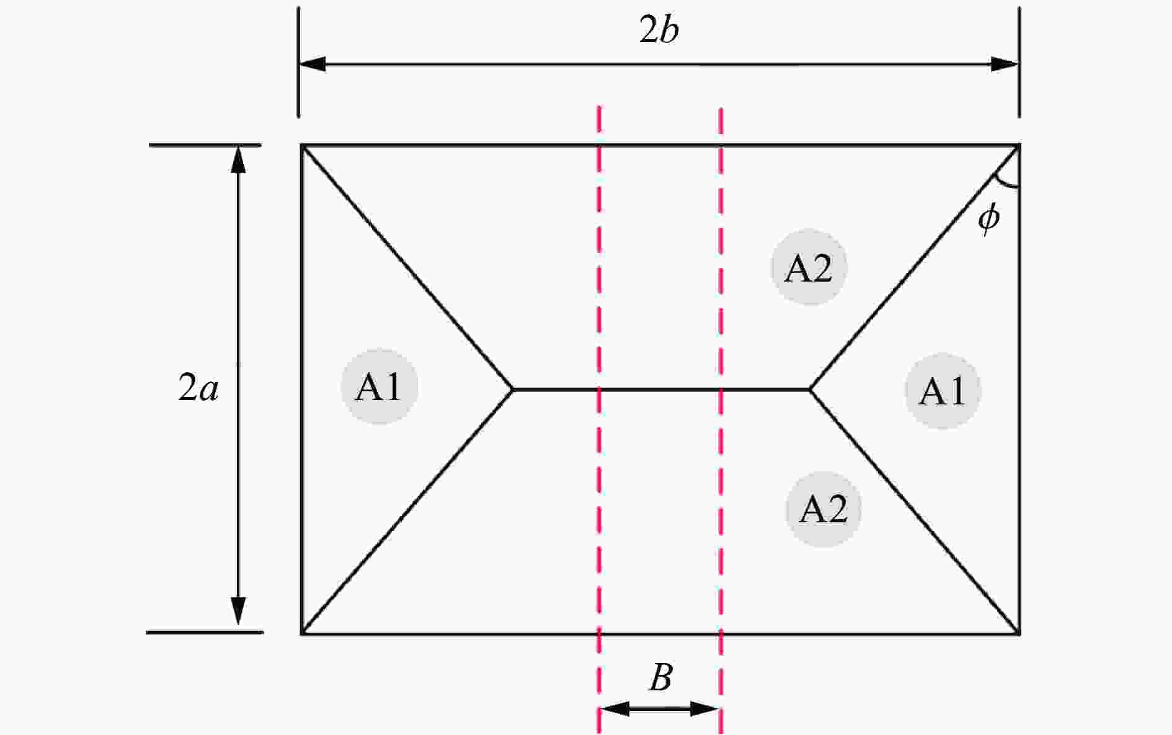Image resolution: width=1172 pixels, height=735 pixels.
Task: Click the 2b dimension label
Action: point(659,31)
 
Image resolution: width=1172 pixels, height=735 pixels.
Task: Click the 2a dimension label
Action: point(198,388)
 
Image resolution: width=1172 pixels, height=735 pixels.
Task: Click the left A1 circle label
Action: point(379,388)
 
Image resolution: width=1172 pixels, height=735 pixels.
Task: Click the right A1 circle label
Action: point(943,391)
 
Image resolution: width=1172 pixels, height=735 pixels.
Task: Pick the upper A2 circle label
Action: point(809,268)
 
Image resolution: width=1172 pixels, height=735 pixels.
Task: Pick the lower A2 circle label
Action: point(824,509)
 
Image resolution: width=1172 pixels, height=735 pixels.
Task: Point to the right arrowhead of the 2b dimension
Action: point(1005,64)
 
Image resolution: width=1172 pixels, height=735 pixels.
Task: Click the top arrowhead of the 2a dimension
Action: point(238,159)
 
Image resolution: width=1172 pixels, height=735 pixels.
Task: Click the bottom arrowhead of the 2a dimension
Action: point(238,612)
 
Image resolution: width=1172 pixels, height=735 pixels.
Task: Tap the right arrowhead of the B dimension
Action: point(705,708)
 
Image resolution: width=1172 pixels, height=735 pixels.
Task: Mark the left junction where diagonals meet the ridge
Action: point(513,389)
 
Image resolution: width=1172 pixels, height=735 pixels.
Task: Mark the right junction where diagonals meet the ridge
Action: point(810,389)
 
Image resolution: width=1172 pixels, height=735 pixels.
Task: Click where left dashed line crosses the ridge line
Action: point(599,389)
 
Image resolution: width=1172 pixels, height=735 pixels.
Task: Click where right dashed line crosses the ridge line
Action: point(721,389)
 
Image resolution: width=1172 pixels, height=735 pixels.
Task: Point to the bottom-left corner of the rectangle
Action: point(302,634)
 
